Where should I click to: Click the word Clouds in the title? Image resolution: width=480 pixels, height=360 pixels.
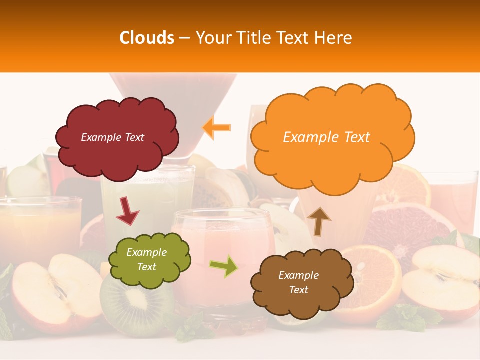click(147, 38)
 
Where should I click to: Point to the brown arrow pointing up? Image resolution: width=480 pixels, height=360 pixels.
click(318, 221)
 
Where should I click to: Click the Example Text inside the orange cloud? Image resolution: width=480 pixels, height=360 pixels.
click(326, 137)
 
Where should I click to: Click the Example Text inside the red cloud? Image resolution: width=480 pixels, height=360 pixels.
click(112, 137)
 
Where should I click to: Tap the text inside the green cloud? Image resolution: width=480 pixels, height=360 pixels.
click(146, 260)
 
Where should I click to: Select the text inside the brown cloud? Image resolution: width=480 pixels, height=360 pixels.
click(298, 282)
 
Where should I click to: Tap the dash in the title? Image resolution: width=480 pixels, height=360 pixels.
click(184, 38)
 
